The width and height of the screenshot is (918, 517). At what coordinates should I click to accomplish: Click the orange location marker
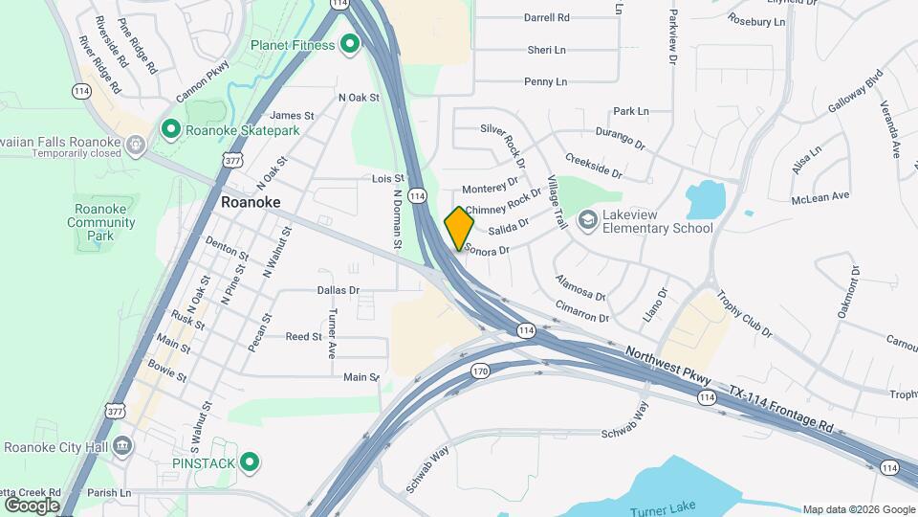[459, 228]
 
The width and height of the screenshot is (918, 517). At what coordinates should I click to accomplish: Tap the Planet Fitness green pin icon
[350, 44]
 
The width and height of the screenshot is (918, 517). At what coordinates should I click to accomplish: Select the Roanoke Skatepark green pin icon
[171, 128]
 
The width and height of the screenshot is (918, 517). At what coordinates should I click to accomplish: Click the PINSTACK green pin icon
[250, 463]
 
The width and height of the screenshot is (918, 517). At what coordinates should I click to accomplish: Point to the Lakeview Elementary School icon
[586, 220]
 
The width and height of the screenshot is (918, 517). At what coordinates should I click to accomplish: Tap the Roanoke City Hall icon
[122, 446]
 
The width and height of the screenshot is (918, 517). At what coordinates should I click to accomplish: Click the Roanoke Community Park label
[100, 222]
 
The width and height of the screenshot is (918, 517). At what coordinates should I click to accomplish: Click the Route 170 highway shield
[480, 371]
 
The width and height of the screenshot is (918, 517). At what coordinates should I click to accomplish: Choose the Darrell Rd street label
[547, 17]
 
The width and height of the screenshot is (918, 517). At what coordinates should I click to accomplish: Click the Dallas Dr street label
[339, 289]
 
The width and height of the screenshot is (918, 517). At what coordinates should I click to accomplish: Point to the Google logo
[32, 505]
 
